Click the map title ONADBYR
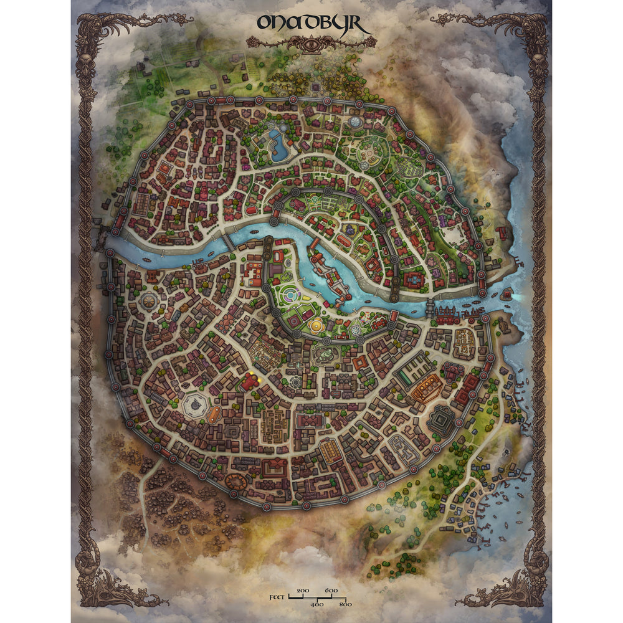click(x=314, y=24)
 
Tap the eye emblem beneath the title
click(x=311, y=42)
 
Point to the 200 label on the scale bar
click(x=303, y=590)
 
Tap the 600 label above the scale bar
click(x=331, y=590)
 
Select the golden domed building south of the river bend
click(x=316, y=325)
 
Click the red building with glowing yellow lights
click(x=250, y=381)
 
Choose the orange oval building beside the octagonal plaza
click(x=215, y=414)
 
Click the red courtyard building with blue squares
click(x=254, y=274)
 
